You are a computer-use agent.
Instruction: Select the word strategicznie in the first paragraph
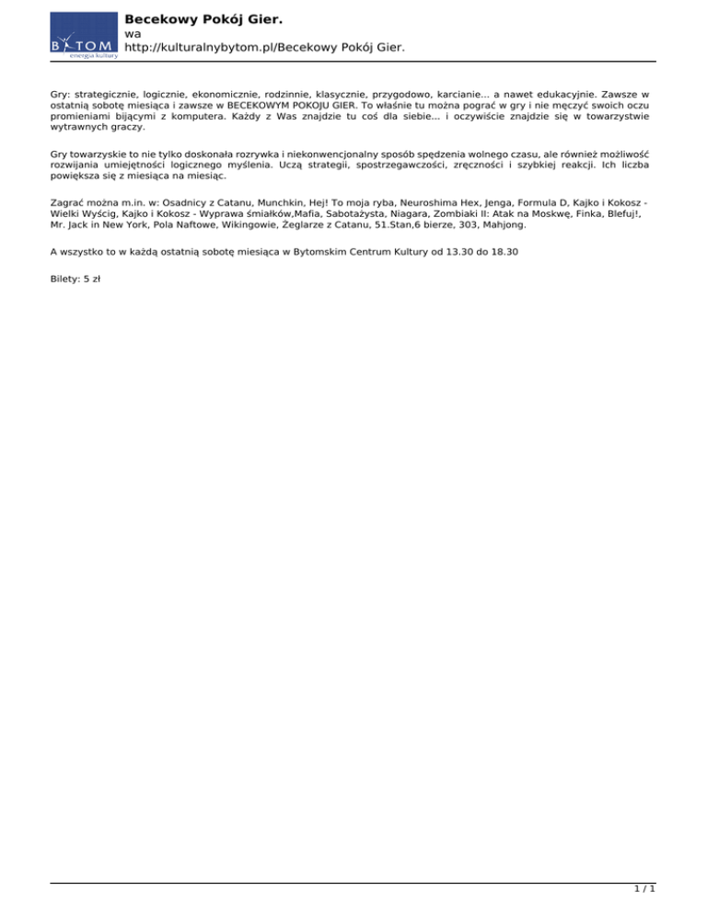click(105, 94)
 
